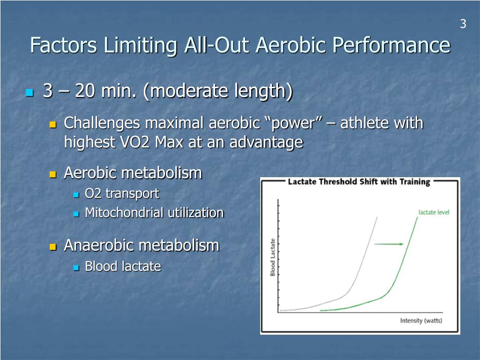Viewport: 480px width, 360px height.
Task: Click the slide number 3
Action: [x=463, y=24]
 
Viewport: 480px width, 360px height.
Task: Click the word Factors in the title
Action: [x=64, y=45]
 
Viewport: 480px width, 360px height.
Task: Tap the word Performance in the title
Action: [x=391, y=45]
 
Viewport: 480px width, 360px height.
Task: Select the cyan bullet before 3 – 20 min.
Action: [x=30, y=92]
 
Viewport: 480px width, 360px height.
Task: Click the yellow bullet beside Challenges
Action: [x=53, y=125]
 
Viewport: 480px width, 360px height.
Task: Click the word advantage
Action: [x=266, y=142]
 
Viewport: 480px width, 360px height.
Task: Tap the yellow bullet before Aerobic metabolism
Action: [x=53, y=174]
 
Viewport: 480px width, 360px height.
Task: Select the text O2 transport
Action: [x=122, y=194]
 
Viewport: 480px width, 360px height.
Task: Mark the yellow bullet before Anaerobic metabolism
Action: [x=53, y=247]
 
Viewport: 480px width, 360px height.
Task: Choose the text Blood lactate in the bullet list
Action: [x=123, y=266]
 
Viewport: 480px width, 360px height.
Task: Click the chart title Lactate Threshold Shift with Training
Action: [x=359, y=182]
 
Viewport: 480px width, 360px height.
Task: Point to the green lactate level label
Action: [x=434, y=212]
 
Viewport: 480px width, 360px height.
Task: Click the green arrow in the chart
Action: [x=389, y=244]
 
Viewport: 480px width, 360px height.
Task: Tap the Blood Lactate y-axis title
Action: [x=272, y=257]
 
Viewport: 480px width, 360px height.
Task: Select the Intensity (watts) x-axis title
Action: [x=421, y=321]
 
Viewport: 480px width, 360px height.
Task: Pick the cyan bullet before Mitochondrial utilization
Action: [x=76, y=214]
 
